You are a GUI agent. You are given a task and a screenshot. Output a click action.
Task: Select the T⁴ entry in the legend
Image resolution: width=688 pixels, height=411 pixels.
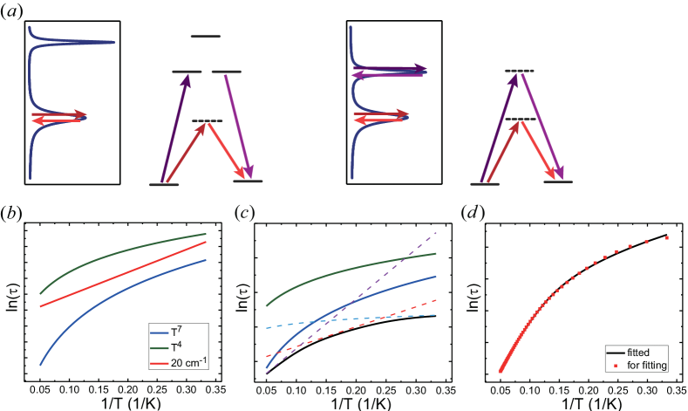(x=181, y=347)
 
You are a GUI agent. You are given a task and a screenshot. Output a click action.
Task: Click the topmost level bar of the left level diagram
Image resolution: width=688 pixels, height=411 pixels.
(x=206, y=37)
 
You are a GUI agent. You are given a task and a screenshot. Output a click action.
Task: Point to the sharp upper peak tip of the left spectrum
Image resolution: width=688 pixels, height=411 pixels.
(x=112, y=42)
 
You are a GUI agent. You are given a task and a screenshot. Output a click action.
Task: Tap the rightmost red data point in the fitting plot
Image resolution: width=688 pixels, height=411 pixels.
(x=667, y=237)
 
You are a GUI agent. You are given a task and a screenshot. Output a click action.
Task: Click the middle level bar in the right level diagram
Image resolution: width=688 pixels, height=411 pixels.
(x=520, y=119)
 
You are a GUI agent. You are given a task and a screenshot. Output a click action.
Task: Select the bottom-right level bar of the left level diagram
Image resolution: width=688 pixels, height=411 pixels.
(x=248, y=182)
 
